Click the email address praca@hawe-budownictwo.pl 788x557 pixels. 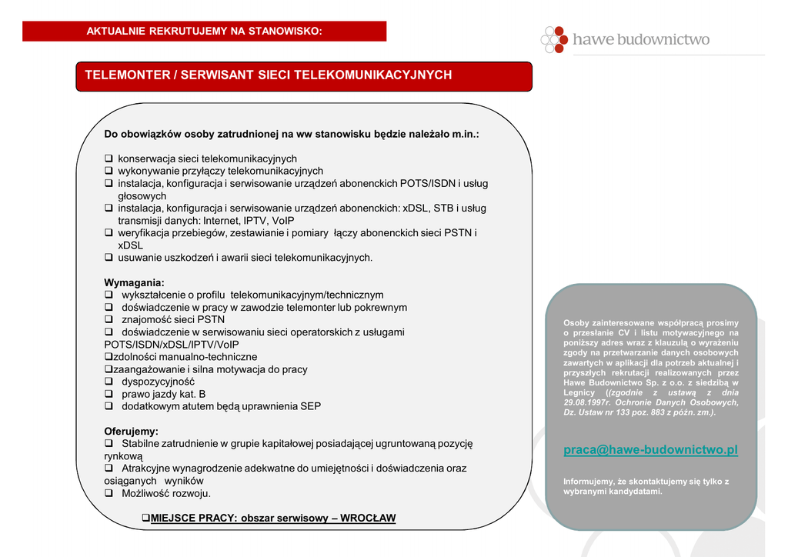click(x=650, y=450)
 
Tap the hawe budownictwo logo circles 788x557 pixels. click(x=554, y=39)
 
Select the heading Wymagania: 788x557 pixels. click(x=134, y=282)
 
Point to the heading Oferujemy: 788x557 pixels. click(x=131, y=431)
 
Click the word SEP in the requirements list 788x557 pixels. click(x=311, y=406)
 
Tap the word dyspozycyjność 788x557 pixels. click(x=158, y=382)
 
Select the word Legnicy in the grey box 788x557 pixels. click(x=579, y=392)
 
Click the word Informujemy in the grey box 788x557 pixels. click(x=589, y=482)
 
